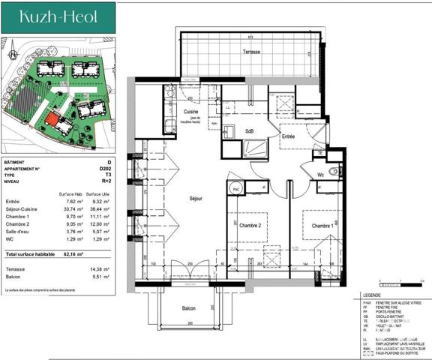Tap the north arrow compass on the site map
(x=13, y=54)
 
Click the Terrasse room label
(x=251, y=52)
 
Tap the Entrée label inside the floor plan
(x=288, y=136)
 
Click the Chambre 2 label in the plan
(x=249, y=226)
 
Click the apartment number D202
(x=105, y=169)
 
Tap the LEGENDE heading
(x=370, y=295)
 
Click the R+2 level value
(x=106, y=181)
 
